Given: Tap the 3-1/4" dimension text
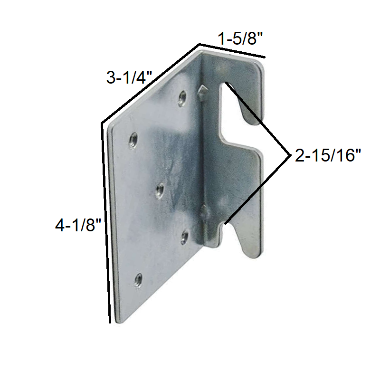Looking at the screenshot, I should click(128, 77).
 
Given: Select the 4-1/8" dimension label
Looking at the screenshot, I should click(78, 225).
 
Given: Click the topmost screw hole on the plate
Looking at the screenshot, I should click(182, 98).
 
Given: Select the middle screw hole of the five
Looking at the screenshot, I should click(160, 190).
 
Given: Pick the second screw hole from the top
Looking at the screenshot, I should click(133, 140).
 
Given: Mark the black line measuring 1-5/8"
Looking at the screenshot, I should click(232, 51).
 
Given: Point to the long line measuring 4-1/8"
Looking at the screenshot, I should click(106, 223).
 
